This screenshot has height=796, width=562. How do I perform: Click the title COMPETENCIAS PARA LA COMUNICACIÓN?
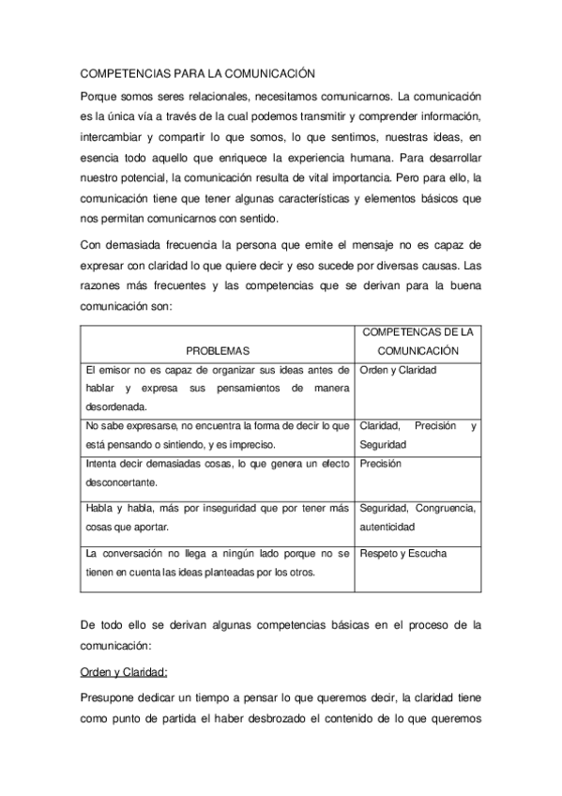click(x=196, y=72)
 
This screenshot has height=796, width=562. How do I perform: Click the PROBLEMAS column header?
click(x=218, y=350)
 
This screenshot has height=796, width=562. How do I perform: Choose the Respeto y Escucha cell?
click(x=403, y=554)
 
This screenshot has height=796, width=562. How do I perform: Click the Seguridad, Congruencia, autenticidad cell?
click(x=418, y=517)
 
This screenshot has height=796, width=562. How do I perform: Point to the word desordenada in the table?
click(x=115, y=406)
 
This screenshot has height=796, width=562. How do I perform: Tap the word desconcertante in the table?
click(x=120, y=482)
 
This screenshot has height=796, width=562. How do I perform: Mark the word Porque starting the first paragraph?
click(x=99, y=97)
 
